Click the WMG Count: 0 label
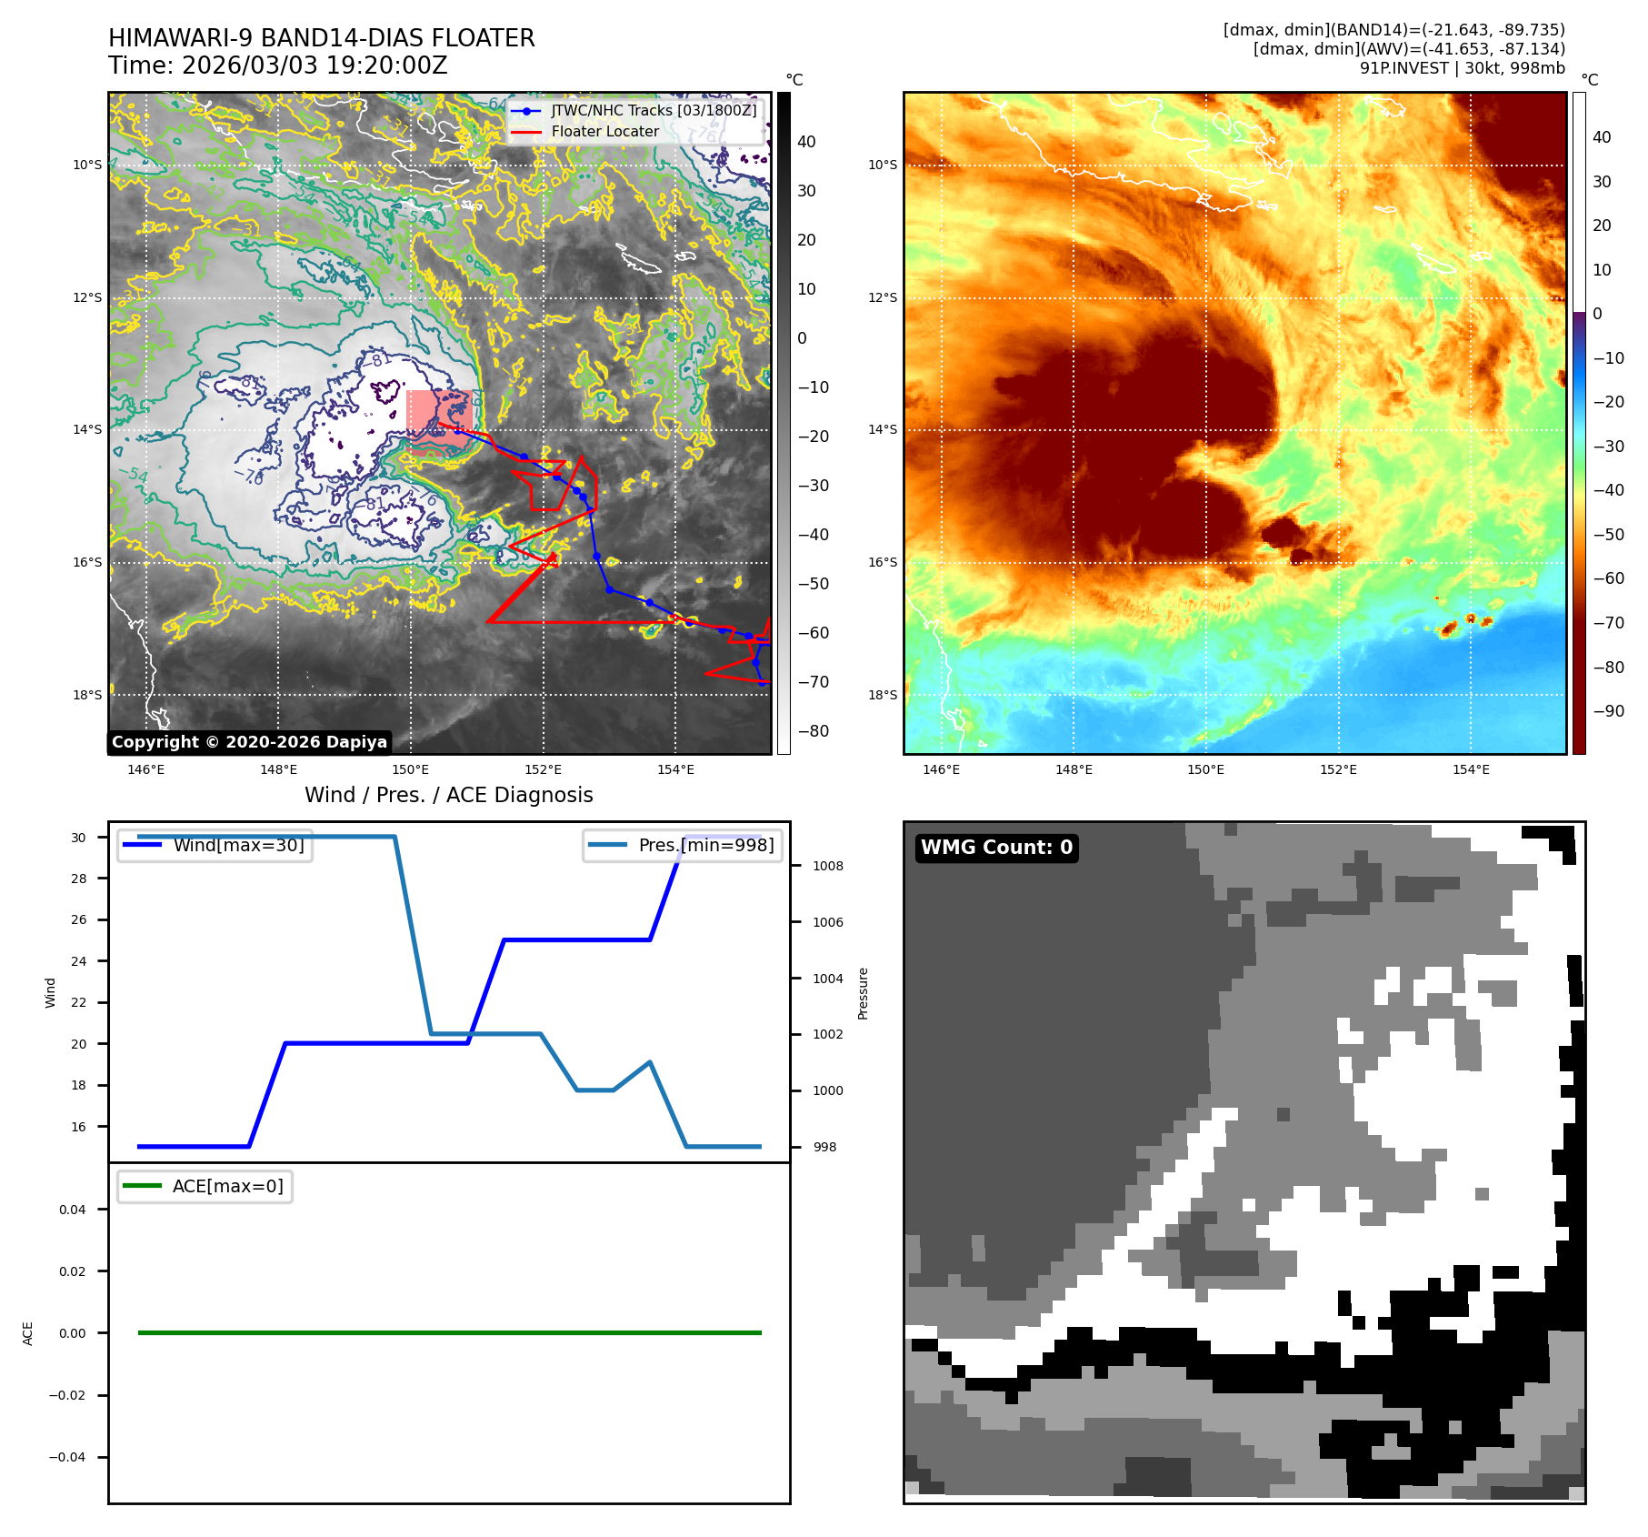click(996, 848)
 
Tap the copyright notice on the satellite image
click(249, 742)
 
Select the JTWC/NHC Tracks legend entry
click(653, 110)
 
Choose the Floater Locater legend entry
click(604, 132)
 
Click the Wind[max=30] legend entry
click(238, 845)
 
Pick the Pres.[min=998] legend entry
click(705, 845)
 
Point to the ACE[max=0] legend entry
click(227, 1186)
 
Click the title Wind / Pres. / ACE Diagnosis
click(449, 795)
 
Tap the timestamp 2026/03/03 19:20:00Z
click(315, 65)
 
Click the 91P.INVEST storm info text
click(1462, 68)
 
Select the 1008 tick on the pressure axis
click(828, 866)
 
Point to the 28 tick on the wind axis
click(79, 879)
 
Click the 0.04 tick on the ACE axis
click(73, 1210)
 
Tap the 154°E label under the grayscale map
click(675, 770)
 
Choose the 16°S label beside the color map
click(882, 562)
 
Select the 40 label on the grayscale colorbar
click(806, 142)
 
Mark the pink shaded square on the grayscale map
click(439, 421)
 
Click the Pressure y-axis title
click(864, 993)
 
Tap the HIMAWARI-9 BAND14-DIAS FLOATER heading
click(322, 38)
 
